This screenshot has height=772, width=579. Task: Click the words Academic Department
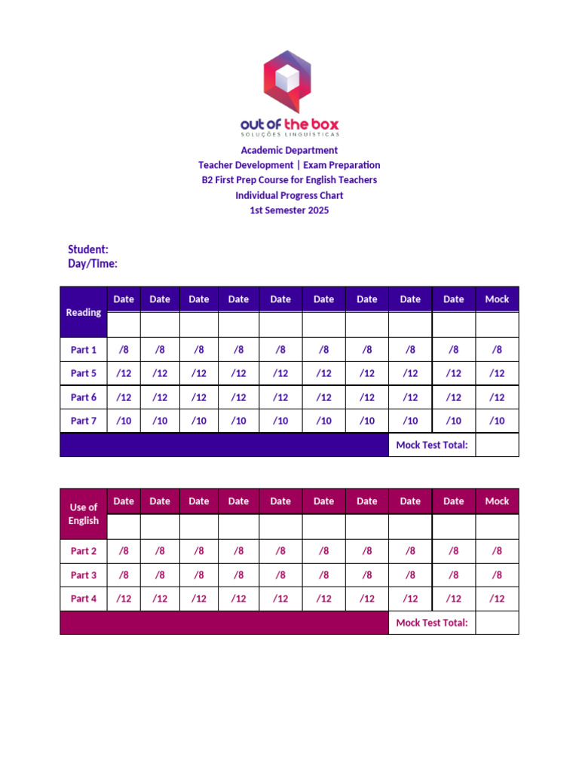(x=289, y=150)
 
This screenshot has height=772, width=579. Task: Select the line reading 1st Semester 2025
(x=289, y=210)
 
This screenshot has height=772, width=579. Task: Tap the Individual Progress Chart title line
(x=289, y=195)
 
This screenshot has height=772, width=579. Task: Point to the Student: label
(x=88, y=249)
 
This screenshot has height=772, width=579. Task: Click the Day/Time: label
(x=93, y=264)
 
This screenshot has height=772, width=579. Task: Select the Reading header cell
(x=84, y=312)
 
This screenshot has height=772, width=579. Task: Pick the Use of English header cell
(x=84, y=513)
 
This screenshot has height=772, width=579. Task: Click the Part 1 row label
(x=84, y=350)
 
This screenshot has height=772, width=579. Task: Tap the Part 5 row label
(x=84, y=373)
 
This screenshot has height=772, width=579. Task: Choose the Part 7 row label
(x=84, y=421)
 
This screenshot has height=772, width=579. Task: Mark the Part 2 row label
(x=84, y=551)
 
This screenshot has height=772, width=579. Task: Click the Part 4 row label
(x=84, y=599)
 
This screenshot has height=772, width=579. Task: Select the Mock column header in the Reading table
(x=497, y=299)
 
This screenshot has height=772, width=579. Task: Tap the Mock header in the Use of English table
(x=497, y=501)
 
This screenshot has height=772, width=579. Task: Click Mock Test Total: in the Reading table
(x=432, y=445)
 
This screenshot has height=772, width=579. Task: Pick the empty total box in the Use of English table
(x=497, y=623)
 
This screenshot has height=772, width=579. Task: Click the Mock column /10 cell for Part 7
(x=497, y=421)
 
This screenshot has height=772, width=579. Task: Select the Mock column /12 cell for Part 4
(x=497, y=599)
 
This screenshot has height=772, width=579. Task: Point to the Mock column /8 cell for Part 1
(x=497, y=350)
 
